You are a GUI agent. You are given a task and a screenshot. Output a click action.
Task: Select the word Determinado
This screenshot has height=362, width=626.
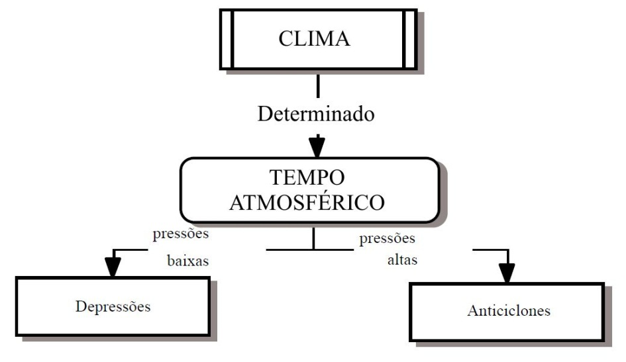317,114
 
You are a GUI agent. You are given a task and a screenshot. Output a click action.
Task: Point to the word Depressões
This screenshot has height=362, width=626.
113,306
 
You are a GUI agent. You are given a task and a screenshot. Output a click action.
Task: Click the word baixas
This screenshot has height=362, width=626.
188,261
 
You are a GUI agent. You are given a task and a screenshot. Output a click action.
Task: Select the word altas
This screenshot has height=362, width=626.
402,260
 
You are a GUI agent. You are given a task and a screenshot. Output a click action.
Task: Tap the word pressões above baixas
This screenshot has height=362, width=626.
181,234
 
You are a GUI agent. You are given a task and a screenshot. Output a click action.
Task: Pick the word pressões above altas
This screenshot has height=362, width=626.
388,238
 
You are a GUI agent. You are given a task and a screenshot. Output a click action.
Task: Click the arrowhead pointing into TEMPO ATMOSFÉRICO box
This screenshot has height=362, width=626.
317,146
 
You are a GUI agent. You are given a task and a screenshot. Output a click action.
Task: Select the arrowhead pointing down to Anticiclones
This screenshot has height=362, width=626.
507,271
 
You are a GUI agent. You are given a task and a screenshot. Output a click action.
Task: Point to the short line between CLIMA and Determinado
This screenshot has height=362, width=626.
318,85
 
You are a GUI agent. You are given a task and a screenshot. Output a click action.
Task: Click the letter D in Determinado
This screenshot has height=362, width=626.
265,114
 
